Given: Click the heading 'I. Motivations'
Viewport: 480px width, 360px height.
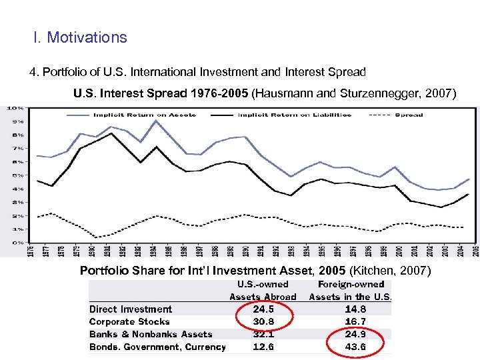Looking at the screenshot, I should pos(80,37).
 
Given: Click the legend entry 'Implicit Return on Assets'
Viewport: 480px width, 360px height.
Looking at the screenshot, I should pos(144,115).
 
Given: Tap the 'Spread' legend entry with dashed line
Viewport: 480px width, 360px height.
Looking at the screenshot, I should pos(408,115).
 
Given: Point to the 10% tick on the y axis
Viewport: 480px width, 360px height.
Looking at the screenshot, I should pos(15,108).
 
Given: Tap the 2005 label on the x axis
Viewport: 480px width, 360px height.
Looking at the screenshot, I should pos(475,253).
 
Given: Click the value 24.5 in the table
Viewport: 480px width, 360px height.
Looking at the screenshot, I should pos(263,309).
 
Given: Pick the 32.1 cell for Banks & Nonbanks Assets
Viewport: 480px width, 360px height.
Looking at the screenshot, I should pos(263,334).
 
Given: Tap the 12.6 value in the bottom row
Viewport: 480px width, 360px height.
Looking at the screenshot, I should pos(263,347).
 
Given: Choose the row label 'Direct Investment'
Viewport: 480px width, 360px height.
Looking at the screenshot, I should pos(131,309).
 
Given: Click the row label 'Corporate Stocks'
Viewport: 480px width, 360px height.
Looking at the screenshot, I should pos(129,321).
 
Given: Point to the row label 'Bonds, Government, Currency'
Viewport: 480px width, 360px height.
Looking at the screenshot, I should pos(157,347).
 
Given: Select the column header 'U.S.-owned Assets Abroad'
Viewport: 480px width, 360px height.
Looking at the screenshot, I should pos(263,291).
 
